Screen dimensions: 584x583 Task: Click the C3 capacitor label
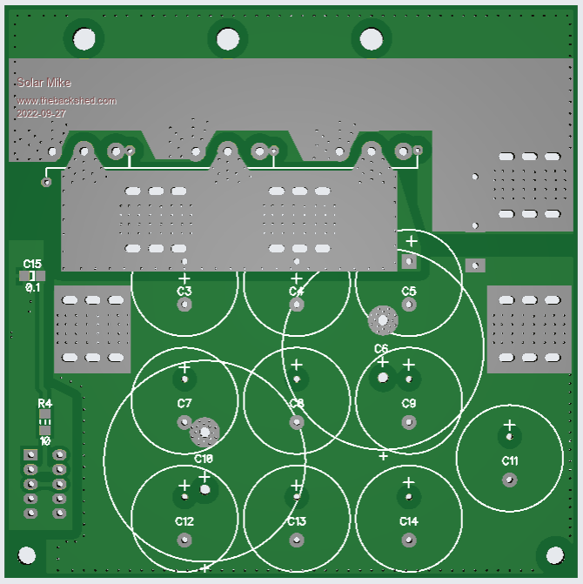(x=184, y=291)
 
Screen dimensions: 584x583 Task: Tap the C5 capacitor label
(x=409, y=291)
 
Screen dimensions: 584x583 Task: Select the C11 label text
(x=510, y=460)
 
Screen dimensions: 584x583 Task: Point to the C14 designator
(x=409, y=521)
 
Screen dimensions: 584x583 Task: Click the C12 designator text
(x=184, y=521)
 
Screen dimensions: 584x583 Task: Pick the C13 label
(x=297, y=521)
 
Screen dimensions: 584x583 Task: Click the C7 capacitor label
(x=184, y=404)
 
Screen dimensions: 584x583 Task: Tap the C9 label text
(x=409, y=404)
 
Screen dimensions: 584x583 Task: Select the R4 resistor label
(x=44, y=404)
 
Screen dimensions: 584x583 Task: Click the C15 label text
(x=32, y=263)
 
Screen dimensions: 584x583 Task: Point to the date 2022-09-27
(x=42, y=114)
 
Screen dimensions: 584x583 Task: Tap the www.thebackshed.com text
(x=66, y=101)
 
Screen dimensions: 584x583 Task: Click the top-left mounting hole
(x=84, y=38)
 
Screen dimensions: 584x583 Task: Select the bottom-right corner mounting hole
(x=555, y=553)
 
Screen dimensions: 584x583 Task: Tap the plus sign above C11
(x=510, y=426)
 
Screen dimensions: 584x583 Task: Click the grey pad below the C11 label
(x=510, y=480)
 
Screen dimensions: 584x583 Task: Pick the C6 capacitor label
(x=381, y=349)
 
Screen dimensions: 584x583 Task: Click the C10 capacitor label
(x=204, y=459)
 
